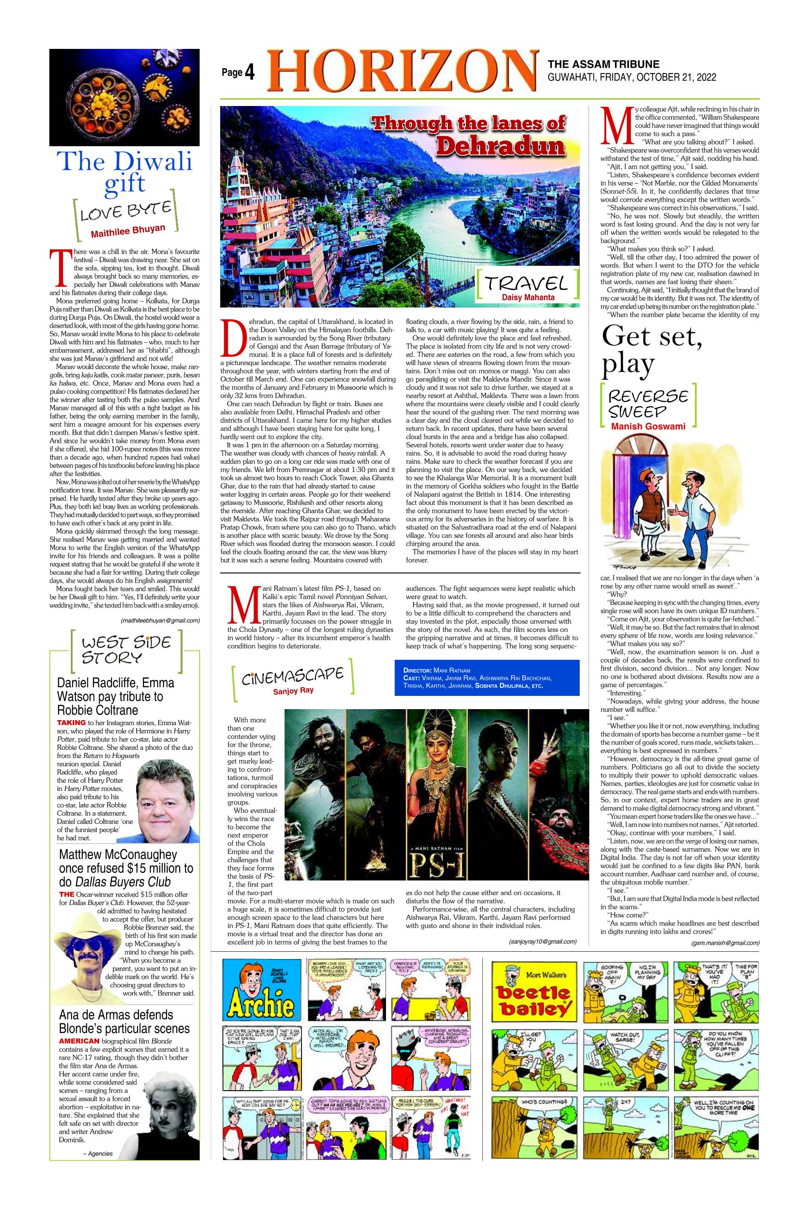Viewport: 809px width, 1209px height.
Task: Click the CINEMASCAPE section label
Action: point(292,677)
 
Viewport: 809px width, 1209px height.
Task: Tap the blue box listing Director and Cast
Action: point(487,678)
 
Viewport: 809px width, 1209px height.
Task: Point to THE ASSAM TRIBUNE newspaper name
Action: point(603,64)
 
